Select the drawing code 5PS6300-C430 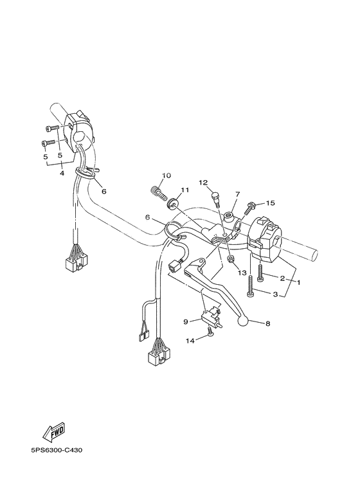click(57, 451)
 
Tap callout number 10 click(166, 176)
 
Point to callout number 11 click(184, 190)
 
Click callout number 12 click(203, 182)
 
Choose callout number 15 click(271, 203)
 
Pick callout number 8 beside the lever click(268, 323)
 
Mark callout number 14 click(190, 341)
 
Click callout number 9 click(185, 321)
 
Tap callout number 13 click(242, 273)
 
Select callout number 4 click(62, 174)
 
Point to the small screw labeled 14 click(210, 331)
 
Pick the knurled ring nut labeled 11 click(172, 203)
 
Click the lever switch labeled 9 click(211, 315)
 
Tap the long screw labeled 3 click(250, 286)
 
